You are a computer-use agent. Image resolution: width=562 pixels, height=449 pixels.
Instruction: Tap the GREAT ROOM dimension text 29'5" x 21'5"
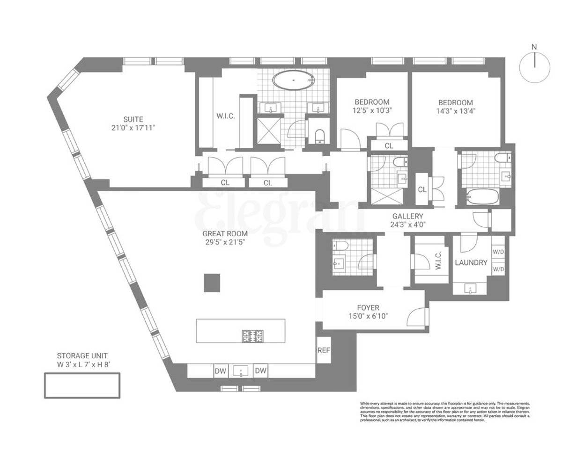(x=225, y=243)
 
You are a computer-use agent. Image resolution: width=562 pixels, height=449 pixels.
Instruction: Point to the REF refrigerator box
(x=324, y=350)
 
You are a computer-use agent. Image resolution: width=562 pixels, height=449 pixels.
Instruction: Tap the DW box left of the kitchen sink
(x=221, y=371)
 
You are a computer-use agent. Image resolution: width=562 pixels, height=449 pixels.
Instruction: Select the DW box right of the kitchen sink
(x=261, y=371)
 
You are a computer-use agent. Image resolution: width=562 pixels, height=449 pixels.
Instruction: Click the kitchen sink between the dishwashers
(x=241, y=371)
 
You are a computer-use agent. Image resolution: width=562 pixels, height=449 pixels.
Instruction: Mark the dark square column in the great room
(x=212, y=282)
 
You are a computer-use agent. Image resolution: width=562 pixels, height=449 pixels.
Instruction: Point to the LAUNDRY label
(x=471, y=263)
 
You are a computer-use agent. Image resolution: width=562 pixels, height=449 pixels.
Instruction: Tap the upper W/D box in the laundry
(x=498, y=251)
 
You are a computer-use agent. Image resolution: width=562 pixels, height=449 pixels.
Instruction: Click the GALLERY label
(x=407, y=216)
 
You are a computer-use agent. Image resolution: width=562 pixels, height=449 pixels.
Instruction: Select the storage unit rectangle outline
(x=82, y=385)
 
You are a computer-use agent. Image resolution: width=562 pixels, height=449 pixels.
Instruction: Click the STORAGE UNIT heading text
(x=82, y=355)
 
